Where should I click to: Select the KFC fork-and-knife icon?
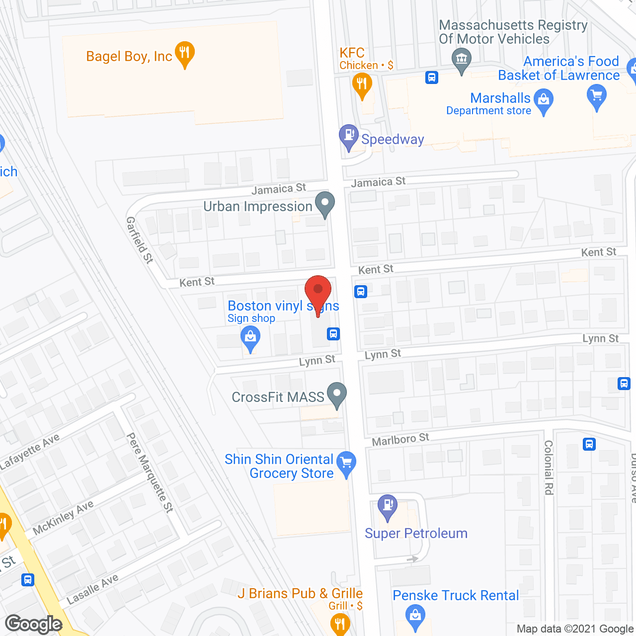pos(362,83)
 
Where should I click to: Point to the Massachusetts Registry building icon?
pos(462,60)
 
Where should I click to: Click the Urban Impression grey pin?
pos(325,204)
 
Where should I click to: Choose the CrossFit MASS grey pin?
pos(337,394)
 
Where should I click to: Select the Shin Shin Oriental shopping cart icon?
pos(346,463)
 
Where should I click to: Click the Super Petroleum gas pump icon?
pos(388,506)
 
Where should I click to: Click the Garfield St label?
pos(140,239)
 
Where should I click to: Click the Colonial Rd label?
pos(549,468)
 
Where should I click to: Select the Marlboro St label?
pos(400,440)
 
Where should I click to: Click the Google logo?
pos(34,624)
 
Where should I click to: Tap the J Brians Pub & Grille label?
pos(300,594)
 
